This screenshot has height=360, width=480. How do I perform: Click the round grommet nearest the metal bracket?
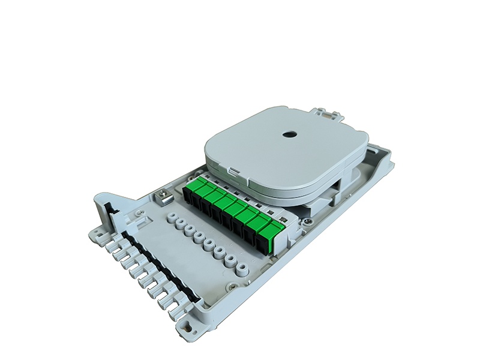[172, 217]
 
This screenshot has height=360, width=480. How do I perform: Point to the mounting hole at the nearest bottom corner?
[187, 323]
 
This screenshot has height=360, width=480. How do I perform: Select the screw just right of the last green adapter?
[307, 222]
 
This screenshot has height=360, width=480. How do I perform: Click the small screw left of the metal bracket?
[139, 212]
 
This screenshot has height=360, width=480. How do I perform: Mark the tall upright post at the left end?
[102, 207]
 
